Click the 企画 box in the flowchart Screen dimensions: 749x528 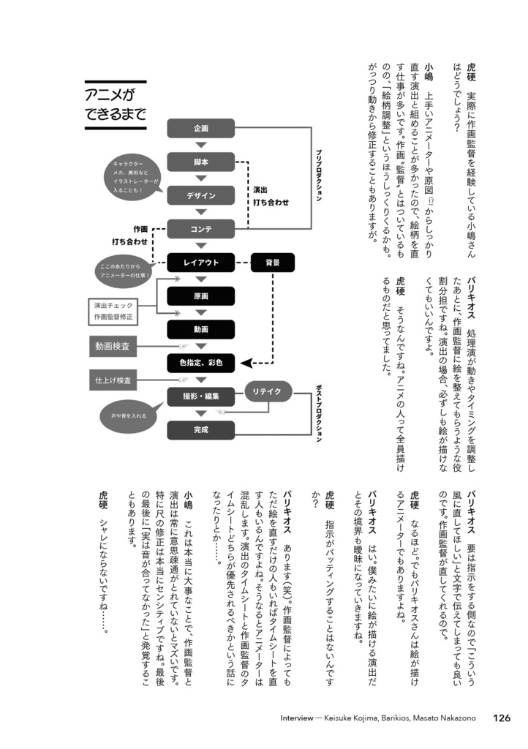[x=200, y=129]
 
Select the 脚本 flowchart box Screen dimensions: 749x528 [x=200, y=162]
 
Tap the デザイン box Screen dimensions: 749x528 [x=200, y=196]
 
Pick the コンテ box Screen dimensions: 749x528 [x=200, y=229]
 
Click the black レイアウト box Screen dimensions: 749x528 [x=200, y=262]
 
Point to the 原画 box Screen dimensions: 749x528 [x=200, y=296]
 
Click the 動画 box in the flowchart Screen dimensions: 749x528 [x=200, y=329]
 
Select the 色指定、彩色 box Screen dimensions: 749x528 [x=200, y=362]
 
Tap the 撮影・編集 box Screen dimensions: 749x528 [x=200, y=396]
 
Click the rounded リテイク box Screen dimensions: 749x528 [x=268, y=391]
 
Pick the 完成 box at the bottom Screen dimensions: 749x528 [x=200, y=430]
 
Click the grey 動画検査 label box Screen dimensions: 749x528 [x=112, y=346]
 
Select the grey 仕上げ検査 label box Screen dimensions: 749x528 [x=112, y=381]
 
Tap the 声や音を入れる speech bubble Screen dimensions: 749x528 [x=128, y=415]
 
